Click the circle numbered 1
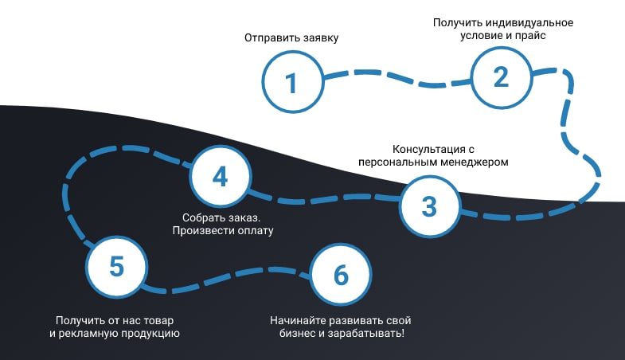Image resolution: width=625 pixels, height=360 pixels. point(292,83)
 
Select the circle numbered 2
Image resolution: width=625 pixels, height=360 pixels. point(500,76)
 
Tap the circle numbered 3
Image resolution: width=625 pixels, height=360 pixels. point(429,206)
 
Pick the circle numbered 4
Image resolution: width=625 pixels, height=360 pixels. point(220,177)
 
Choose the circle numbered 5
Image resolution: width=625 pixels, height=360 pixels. point(116,267)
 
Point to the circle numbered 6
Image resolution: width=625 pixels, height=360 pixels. point(341,275)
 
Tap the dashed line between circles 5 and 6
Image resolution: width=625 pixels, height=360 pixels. point(231,280)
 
